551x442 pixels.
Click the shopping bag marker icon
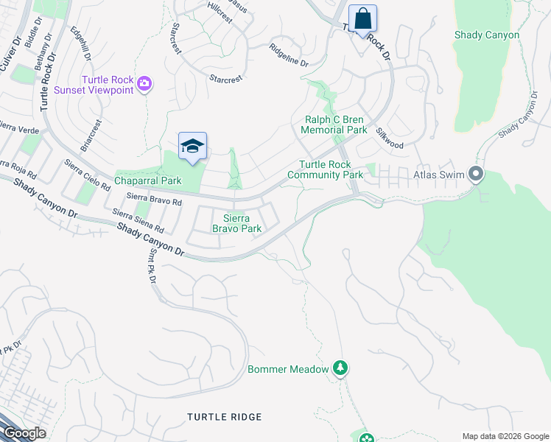(362, 18)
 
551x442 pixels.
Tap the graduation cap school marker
(192, 145)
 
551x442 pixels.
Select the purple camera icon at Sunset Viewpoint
(144, 84)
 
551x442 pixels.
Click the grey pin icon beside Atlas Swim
(476, 175)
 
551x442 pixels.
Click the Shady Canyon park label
(486, 35)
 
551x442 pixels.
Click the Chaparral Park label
(147, 180)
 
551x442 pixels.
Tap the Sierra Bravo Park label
(237, 223)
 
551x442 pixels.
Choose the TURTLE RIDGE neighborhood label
(225, 417)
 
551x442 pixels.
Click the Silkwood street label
(390, 140)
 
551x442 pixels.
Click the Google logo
(24, 433)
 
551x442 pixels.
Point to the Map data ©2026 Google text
(505, 436)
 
